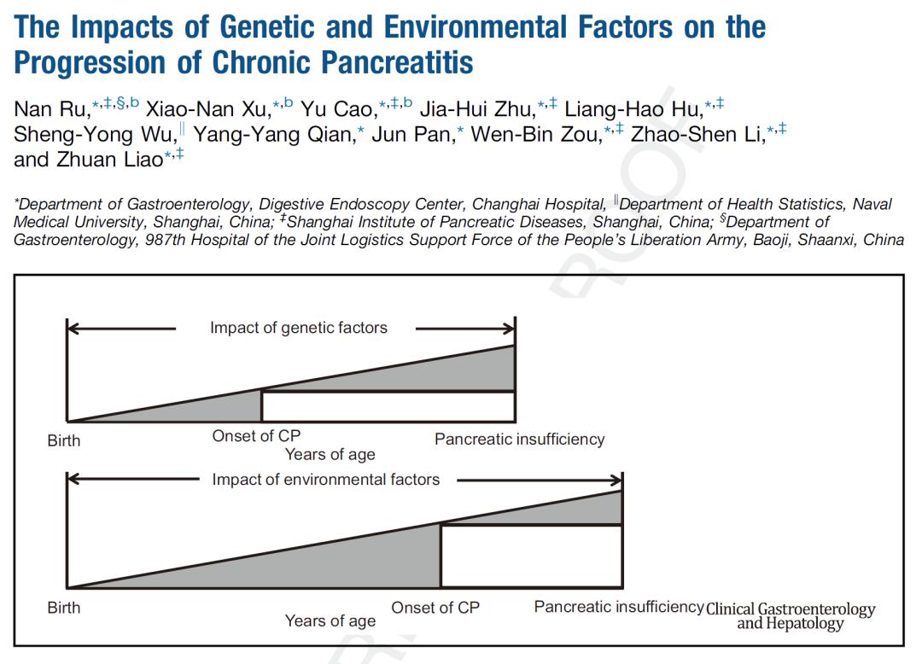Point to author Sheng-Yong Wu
(93, 135)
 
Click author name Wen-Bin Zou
(537, 135)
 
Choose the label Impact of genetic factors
(298, 328)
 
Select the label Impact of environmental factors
(325, 480)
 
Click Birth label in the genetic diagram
(64, 441)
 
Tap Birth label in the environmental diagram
(64, 608)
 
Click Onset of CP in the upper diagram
(256, 436)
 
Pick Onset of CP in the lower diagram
(435, 608)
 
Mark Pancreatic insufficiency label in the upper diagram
(519, 440)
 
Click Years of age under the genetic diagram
(330, 455)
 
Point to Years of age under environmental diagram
(330, 621)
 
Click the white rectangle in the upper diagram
(388, 406)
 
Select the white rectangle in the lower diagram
(530, 556)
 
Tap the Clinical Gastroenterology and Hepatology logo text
(791, 616)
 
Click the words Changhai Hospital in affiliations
(540, 205)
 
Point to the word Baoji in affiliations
(770, 240)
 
